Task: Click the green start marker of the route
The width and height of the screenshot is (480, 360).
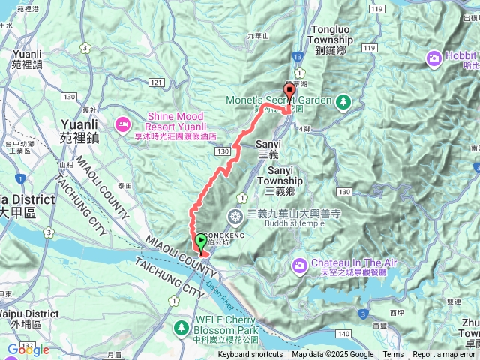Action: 201,241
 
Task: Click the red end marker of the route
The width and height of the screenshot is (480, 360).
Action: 288,88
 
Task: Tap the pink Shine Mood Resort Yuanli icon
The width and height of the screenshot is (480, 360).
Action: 121,122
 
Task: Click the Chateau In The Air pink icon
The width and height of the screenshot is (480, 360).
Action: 300,263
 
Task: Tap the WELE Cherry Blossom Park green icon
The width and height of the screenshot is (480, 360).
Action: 181,328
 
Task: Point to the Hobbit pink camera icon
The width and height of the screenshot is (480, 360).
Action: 434,58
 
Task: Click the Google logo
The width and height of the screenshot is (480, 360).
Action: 28,349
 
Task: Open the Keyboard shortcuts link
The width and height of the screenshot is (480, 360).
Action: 250,355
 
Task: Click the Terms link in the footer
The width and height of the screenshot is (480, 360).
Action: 392,355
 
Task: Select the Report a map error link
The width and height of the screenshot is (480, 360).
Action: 445,355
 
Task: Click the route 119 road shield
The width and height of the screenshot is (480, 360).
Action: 368,47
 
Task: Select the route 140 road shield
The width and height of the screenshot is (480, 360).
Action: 343,331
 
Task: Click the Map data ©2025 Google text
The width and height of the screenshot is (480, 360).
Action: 332,355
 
